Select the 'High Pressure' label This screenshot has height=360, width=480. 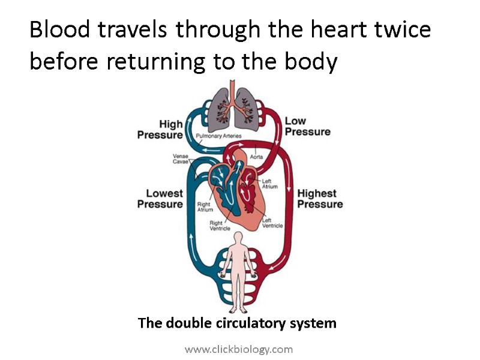160,130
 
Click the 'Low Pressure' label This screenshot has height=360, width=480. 307,126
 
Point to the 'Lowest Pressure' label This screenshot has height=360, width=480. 160,199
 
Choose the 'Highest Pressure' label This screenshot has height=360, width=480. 320,199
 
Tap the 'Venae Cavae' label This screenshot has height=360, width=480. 180,158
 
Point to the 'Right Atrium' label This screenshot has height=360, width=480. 205,207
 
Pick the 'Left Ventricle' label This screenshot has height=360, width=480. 272,223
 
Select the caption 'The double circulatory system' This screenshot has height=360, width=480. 237,323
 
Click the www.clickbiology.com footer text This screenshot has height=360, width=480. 239,349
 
